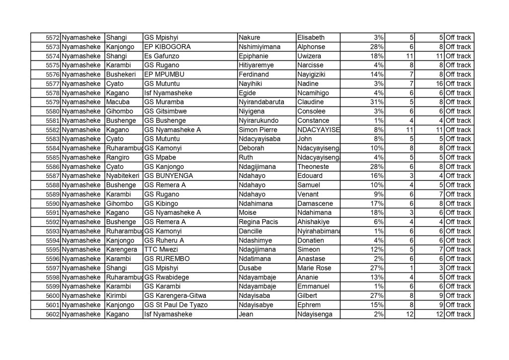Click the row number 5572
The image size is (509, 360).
point(53,37)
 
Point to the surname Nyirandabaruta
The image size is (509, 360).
point(261,102)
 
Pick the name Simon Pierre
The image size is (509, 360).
point(257,130)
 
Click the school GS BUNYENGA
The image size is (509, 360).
point(168,176)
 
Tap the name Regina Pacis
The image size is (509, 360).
point(257,222)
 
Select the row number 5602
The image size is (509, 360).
point(53,314)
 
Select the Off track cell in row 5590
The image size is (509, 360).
point(458,203)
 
